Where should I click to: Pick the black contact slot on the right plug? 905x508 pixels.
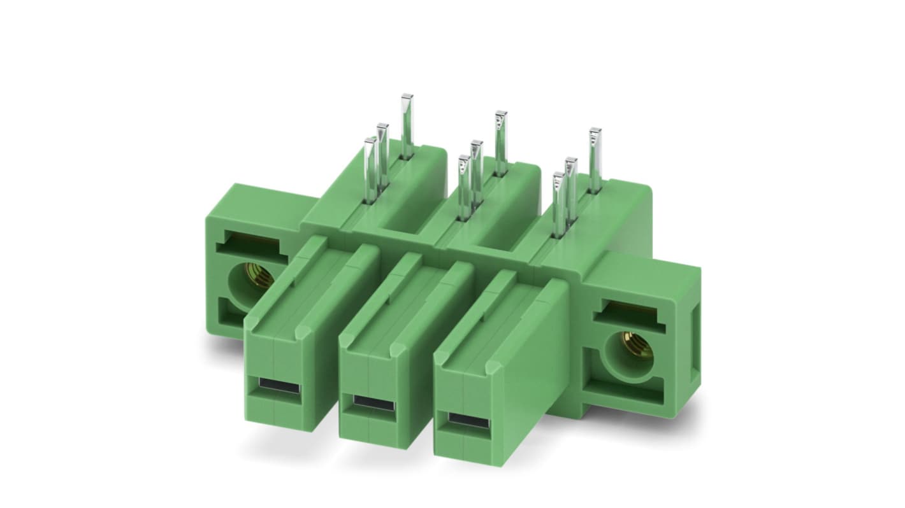(x=467, y=421)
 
